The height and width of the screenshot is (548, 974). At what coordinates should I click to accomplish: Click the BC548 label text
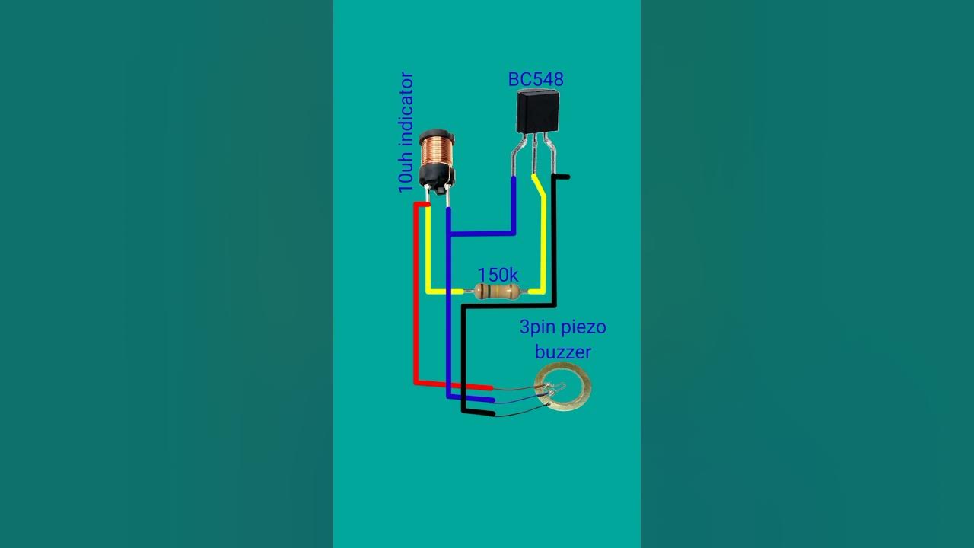click(536, 79)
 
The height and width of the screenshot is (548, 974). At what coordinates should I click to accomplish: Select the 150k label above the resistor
click(498, 275)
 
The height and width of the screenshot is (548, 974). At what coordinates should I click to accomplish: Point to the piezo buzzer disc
click(563, 389)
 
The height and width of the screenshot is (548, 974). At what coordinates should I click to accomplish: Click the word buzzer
click(562, 352)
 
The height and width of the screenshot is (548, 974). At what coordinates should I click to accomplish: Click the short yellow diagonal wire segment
click(539, 187)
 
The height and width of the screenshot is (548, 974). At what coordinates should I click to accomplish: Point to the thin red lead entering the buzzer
click(517, 389)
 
